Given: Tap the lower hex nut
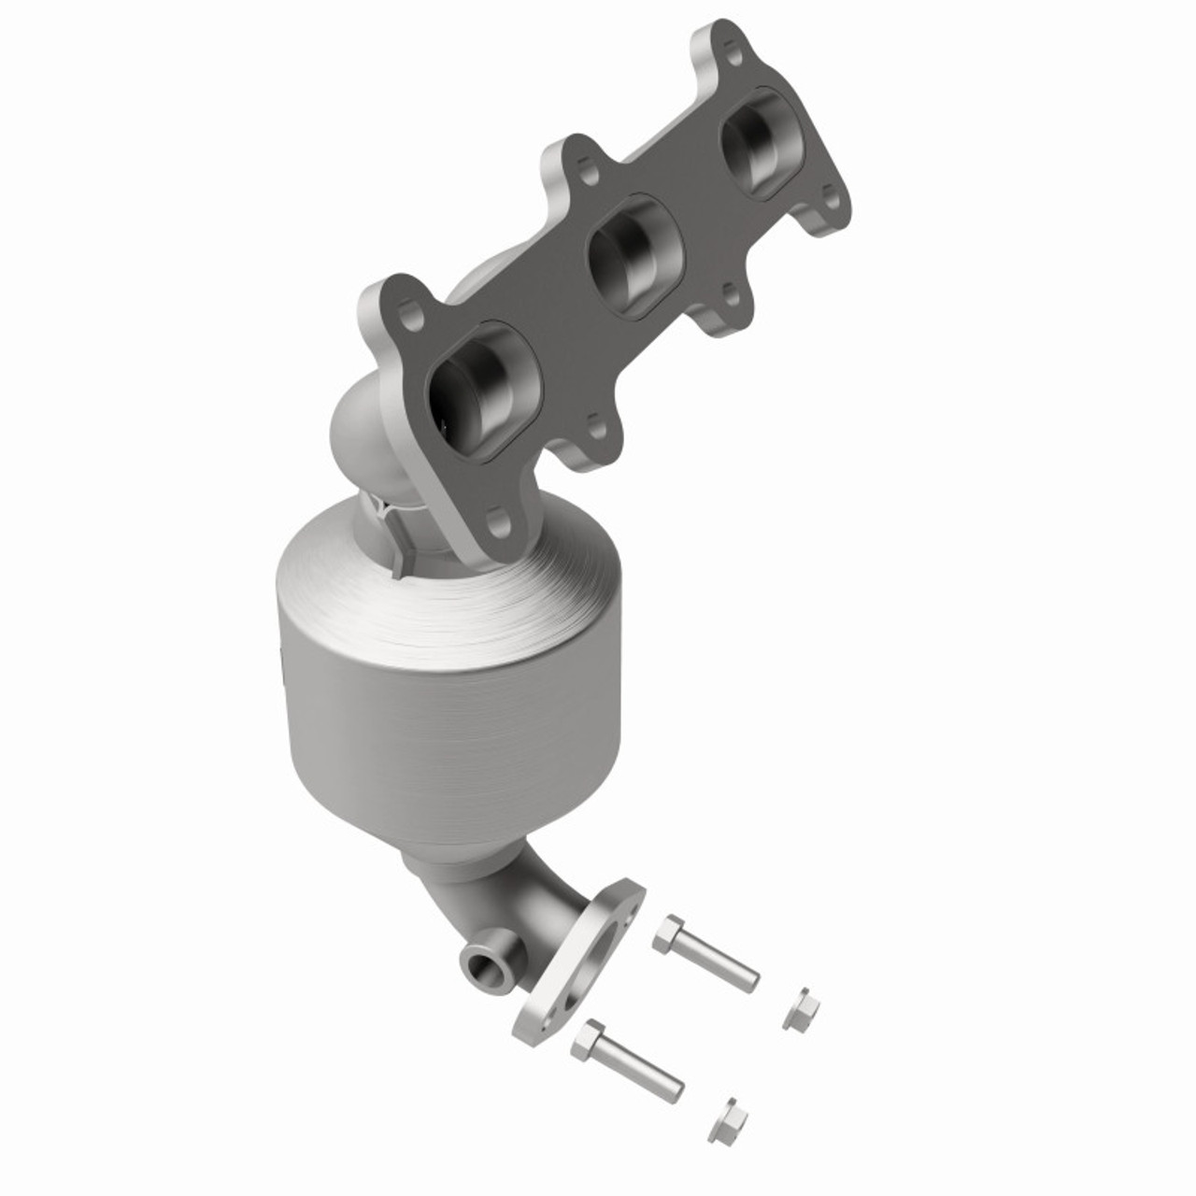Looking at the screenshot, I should [728, 1115].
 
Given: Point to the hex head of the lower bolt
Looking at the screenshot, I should [591, 1035].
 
